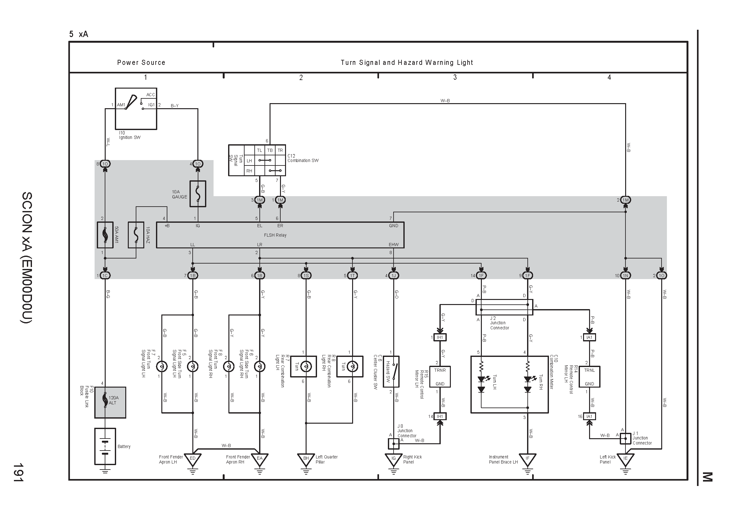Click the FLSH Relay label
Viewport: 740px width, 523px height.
click(275, 235)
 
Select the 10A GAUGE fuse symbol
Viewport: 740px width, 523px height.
click(197, 194)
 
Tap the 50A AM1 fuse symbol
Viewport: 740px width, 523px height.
click(105, 235)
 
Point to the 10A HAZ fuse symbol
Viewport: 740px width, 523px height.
click(136, 235)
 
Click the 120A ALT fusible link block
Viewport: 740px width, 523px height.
click(110, 402)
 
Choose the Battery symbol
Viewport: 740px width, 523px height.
click(105, 446)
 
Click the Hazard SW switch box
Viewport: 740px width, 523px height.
click(391, 371)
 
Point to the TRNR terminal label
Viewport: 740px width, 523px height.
click(440, 370)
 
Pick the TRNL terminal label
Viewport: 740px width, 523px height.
click(589, 370)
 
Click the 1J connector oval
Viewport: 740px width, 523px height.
click(394, 276)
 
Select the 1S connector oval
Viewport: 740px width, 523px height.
click(306, 276)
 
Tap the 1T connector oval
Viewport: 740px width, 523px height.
click(352, 276)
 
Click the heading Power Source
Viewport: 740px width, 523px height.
click(141, 63)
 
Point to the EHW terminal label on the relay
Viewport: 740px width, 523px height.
click(394, 245)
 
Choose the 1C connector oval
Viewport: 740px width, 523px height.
click(105, 276)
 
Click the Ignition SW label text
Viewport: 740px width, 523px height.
click(130, 138)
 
